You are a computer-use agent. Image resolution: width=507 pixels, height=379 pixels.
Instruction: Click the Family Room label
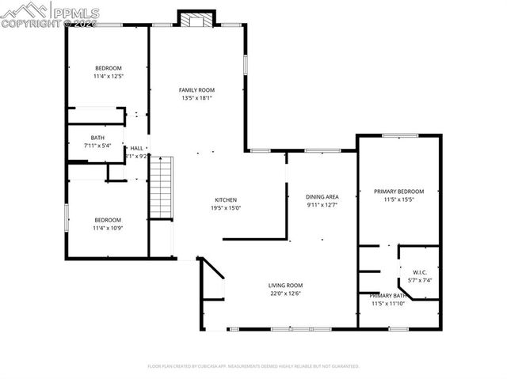pos(196,90)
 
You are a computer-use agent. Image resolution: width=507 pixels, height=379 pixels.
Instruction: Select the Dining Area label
pos(322,196)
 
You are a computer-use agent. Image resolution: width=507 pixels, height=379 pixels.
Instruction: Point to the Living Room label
pos(285,285)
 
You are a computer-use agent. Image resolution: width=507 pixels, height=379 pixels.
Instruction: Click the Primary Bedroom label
pos(398,191)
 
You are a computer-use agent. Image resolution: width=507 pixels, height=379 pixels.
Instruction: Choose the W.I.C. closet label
pos(420,272)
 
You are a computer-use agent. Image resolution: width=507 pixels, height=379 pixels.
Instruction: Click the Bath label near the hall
pos(97,138)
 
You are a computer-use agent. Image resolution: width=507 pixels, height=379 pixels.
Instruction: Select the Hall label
pos(137,148)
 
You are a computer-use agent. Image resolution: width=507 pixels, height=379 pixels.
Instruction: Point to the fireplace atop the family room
pos(195,18)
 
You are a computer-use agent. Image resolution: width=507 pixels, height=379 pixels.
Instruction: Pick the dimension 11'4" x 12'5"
pos(108,76)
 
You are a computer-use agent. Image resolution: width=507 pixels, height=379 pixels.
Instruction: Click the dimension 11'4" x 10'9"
pos(108,228)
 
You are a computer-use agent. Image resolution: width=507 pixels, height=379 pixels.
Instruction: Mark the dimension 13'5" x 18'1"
pos(196,99)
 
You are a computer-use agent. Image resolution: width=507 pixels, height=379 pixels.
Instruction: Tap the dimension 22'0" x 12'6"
pos(285,294)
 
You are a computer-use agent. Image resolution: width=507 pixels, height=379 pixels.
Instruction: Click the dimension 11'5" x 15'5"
pos(398,199)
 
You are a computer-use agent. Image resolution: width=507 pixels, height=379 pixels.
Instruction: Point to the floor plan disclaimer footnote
pos(253,366)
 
